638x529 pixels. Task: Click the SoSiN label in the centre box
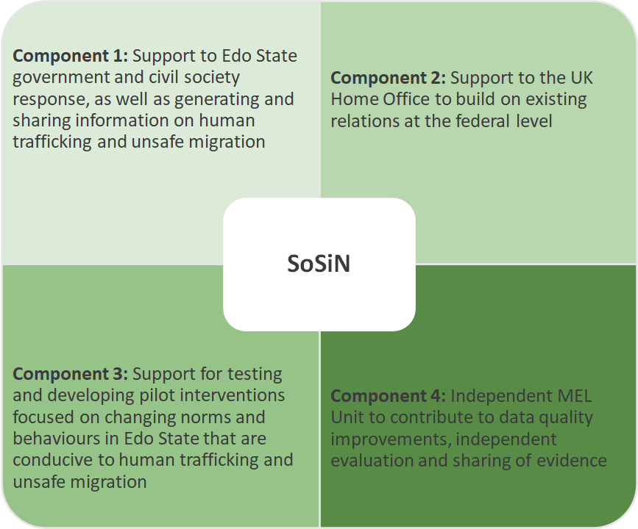pyautogui.click(x=319, y=263)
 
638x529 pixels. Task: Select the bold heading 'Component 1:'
pyautogui.click(x=71, y=56)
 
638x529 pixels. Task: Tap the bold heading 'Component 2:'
pyautogui.click(x=388, y=78)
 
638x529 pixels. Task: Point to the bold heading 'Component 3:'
pyautogui.click(x=71, y=374)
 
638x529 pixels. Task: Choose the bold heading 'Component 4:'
pyautogui.click(x=388, y=396)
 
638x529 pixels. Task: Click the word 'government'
pyautogui.click(x=60, y=78)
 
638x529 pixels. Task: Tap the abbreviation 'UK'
pyautogui.click(x=582, y=78)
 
